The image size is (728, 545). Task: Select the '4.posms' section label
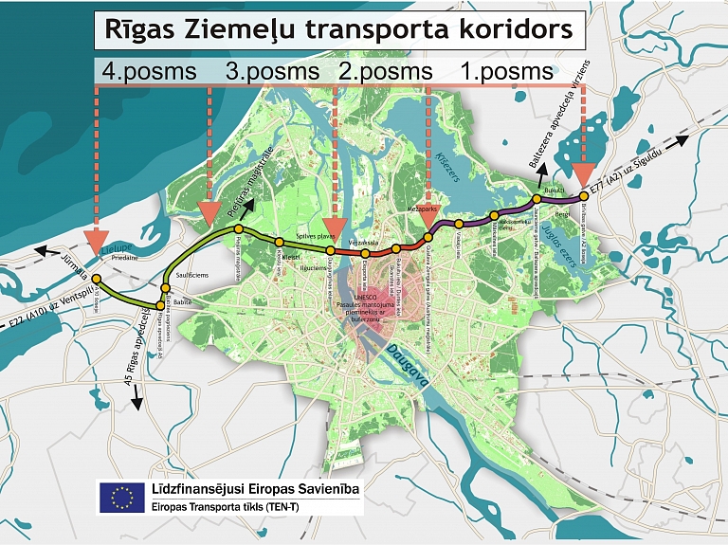148,71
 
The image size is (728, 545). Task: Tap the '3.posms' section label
273,71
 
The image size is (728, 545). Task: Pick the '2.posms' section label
385,71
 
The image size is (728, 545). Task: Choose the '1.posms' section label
505,71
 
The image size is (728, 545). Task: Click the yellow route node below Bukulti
537,199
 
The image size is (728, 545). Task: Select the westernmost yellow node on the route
95,278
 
